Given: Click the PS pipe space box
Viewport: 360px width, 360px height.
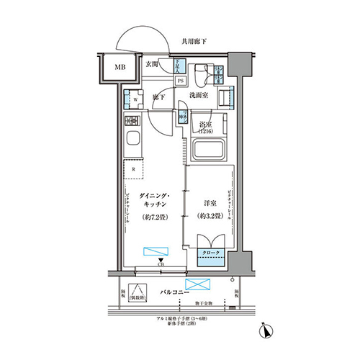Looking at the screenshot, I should (x=179, y=80).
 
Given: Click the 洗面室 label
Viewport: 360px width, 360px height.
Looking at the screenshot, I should (x=199, y=95).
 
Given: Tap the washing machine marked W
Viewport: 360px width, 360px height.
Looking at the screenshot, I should (x=131, y=100).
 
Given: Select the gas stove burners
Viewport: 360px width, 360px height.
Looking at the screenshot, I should (x=132, y=121).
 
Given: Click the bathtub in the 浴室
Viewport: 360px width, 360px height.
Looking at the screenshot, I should (x=210, y=150).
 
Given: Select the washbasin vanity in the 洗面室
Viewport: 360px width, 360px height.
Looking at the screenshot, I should (x=226, y=96).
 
